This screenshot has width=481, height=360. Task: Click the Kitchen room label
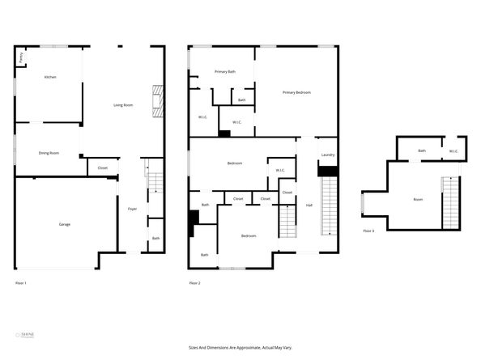pyautogui.click(x=50, y=77)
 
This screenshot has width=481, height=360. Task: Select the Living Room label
pyautogui.click(x=123, y=105)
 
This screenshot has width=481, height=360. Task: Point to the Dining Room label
pyautogui.click(x=49, y=153)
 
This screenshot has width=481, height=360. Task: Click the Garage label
pyautogui.click(x=64, y=224)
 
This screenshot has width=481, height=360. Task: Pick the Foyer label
pyautogui.click(x=132, y=210)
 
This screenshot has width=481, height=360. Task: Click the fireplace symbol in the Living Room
pyautogui.click(x=157, y=102)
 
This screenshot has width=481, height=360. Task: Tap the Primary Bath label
pyautogui.click(x=225, y=72)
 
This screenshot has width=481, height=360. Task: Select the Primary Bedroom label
pyautogui.click(x=296, y=93)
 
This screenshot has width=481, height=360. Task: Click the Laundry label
pyautogui.click(x=328, y=155)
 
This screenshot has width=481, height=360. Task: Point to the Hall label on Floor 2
pyautogui.click(x=309, y=205)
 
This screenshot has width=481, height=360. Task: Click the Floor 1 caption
pyautogui.click(x=22, y=283)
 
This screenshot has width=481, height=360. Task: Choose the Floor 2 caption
pyautogui.click(x=194, y=283)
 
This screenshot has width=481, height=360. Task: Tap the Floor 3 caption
pyautogui.click(x=368, y=231)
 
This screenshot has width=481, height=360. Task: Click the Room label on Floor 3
pyautogui.click(x=418, y=199)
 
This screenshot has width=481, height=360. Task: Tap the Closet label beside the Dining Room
pyautogui.click(x=102, y=168)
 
